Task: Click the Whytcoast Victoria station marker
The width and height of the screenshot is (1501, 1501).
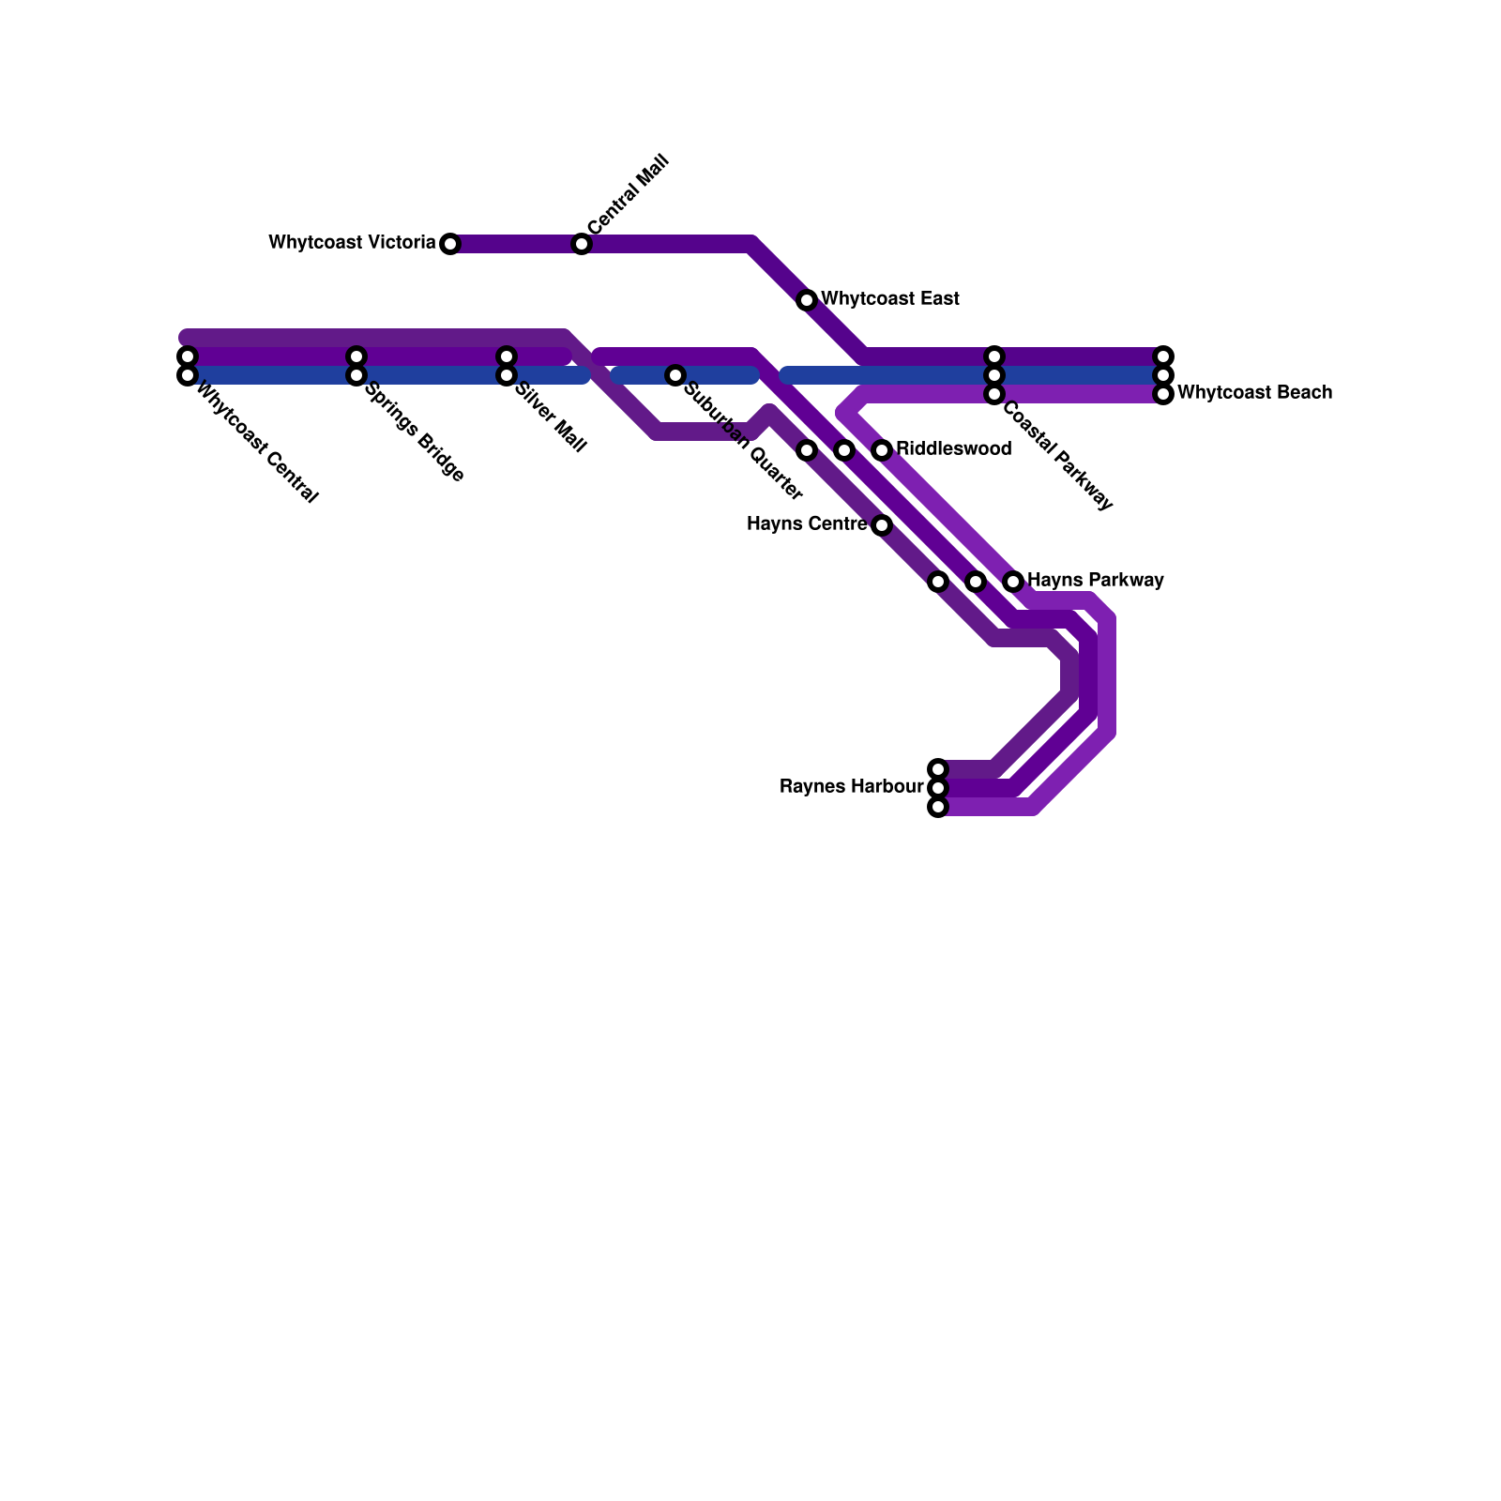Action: (x=450, y=244)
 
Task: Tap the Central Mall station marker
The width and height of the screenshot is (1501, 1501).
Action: (x=582, y=244)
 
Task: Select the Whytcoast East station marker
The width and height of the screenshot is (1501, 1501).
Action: (x=807, y=300)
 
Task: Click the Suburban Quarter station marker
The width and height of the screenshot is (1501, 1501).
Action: (x=675, y=375)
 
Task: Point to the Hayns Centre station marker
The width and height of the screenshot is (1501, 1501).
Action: (x=882, y=525)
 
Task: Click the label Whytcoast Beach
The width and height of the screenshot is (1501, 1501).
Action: (x=1254, y=393)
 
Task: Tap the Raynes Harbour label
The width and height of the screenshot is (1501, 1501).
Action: (x=851, y=787)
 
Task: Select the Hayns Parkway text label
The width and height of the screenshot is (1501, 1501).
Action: (x=1095, y=581)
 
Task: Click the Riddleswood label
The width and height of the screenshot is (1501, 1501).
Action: (x=953, y=449)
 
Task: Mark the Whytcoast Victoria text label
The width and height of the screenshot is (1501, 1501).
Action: (x=352, y=243)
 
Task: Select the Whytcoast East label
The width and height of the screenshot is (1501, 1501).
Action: (x=889, y=299)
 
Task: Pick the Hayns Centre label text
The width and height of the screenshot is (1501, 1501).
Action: (x=807, y=524)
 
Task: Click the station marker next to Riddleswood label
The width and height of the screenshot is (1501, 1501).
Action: (x=882, y=450)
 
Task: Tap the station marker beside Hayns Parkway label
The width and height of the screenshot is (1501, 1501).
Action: (x=1013, y=582)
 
